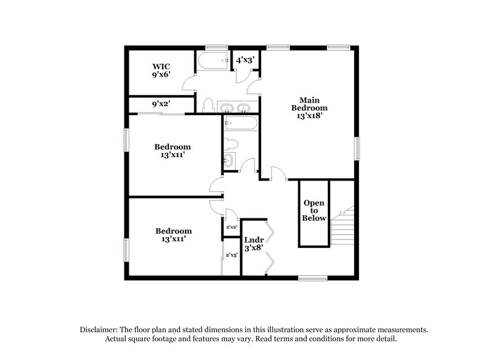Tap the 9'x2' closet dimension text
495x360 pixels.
point(161,105)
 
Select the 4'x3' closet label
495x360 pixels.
point(245,60)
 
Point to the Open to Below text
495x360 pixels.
point(314,211)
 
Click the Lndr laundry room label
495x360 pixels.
point(254,243)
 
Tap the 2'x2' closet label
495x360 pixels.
point(231,228)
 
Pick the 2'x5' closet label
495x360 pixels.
point(231,255)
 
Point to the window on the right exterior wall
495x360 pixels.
point(357,149)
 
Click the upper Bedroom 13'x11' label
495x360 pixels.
point(172,151)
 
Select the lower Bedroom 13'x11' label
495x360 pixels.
point(173,234)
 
